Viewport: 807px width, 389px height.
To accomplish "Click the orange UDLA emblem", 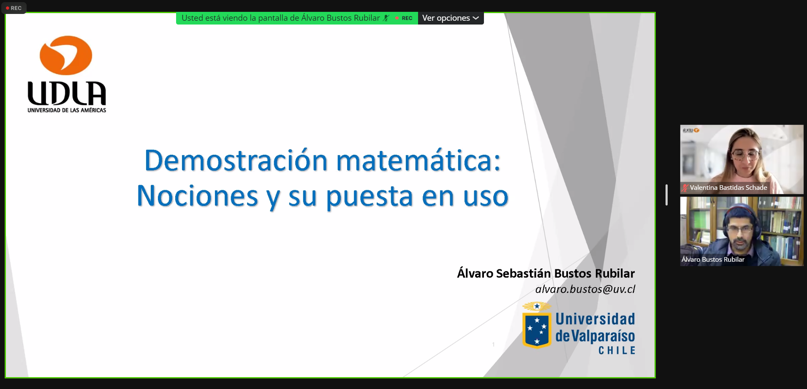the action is pyautogui.click(x=66, y=55).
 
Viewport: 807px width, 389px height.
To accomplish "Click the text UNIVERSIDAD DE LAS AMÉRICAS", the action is pyautogui.click(x=67, y=110).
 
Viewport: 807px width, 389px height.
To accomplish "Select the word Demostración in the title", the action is pyautogui.click(x=236, y=161).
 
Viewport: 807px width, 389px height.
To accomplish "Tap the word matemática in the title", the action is pyautogui.click(x=418, y=161).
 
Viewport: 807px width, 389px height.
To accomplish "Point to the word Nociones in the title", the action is pyautogui.click(x=197, y=196).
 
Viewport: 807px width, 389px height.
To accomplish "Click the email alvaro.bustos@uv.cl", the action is pyautogui.click(x=585, y=289).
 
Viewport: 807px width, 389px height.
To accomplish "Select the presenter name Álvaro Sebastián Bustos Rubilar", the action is pyautogui.click(x=546, y=273).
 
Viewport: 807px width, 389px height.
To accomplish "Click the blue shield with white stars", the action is pyautogui.click(x=537, y=330).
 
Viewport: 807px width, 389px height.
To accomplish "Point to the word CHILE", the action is pyautogui.click(x=617, y=351).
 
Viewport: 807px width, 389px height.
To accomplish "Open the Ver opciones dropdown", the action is pyautogui.click(x=451, y=18).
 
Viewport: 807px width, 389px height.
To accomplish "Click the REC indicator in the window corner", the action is pyautogui.click(x=14, y=8).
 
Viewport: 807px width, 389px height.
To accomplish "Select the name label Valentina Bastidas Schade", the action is pyautogui.click(x=728, y=187).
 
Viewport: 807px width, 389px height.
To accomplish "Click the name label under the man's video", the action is pyautogui.click(x=713, y=259).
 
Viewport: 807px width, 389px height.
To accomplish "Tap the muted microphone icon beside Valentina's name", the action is pyautogui.click(x=685, y=188).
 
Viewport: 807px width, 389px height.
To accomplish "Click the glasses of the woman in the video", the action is pyautogui.click(x=746, y=154).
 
